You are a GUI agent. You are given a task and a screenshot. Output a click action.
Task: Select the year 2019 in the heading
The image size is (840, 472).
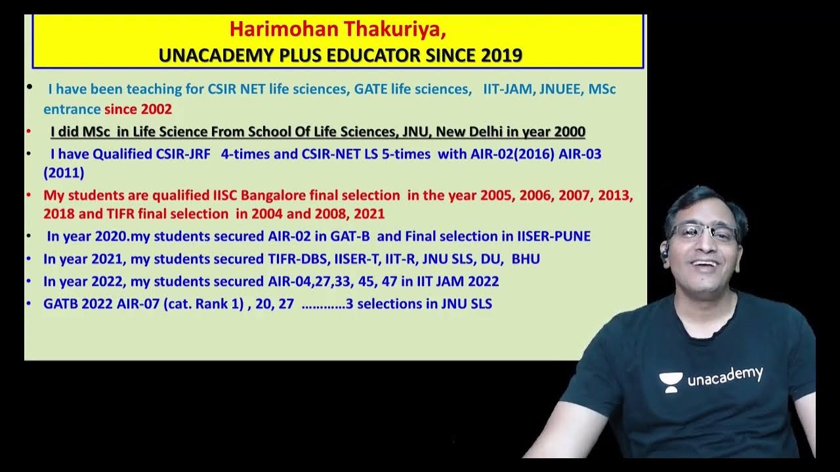point(501,55)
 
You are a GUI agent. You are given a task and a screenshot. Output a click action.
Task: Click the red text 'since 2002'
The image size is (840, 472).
point(138,109)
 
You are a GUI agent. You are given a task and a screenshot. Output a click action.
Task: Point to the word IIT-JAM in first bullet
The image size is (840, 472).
point(508,89)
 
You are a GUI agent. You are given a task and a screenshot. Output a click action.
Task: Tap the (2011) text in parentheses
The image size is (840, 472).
point(64,173)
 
